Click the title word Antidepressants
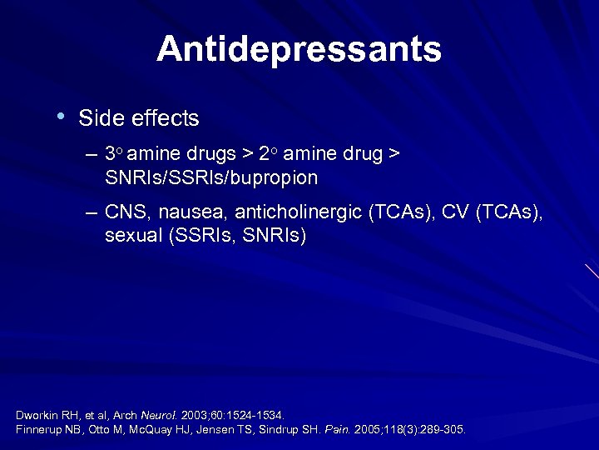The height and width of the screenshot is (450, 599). (299, 49)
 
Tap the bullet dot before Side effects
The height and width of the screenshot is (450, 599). (62, 117)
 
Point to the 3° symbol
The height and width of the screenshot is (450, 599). (115, 154)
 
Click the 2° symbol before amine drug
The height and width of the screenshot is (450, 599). (267, 154)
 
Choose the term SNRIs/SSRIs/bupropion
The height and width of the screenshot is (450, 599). (211, 178)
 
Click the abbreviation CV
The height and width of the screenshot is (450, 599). (453, 214)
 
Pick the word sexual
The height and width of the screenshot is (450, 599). (133, 237)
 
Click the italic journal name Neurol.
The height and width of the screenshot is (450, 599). (158, 415)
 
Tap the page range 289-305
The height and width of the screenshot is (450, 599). (443, 430)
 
